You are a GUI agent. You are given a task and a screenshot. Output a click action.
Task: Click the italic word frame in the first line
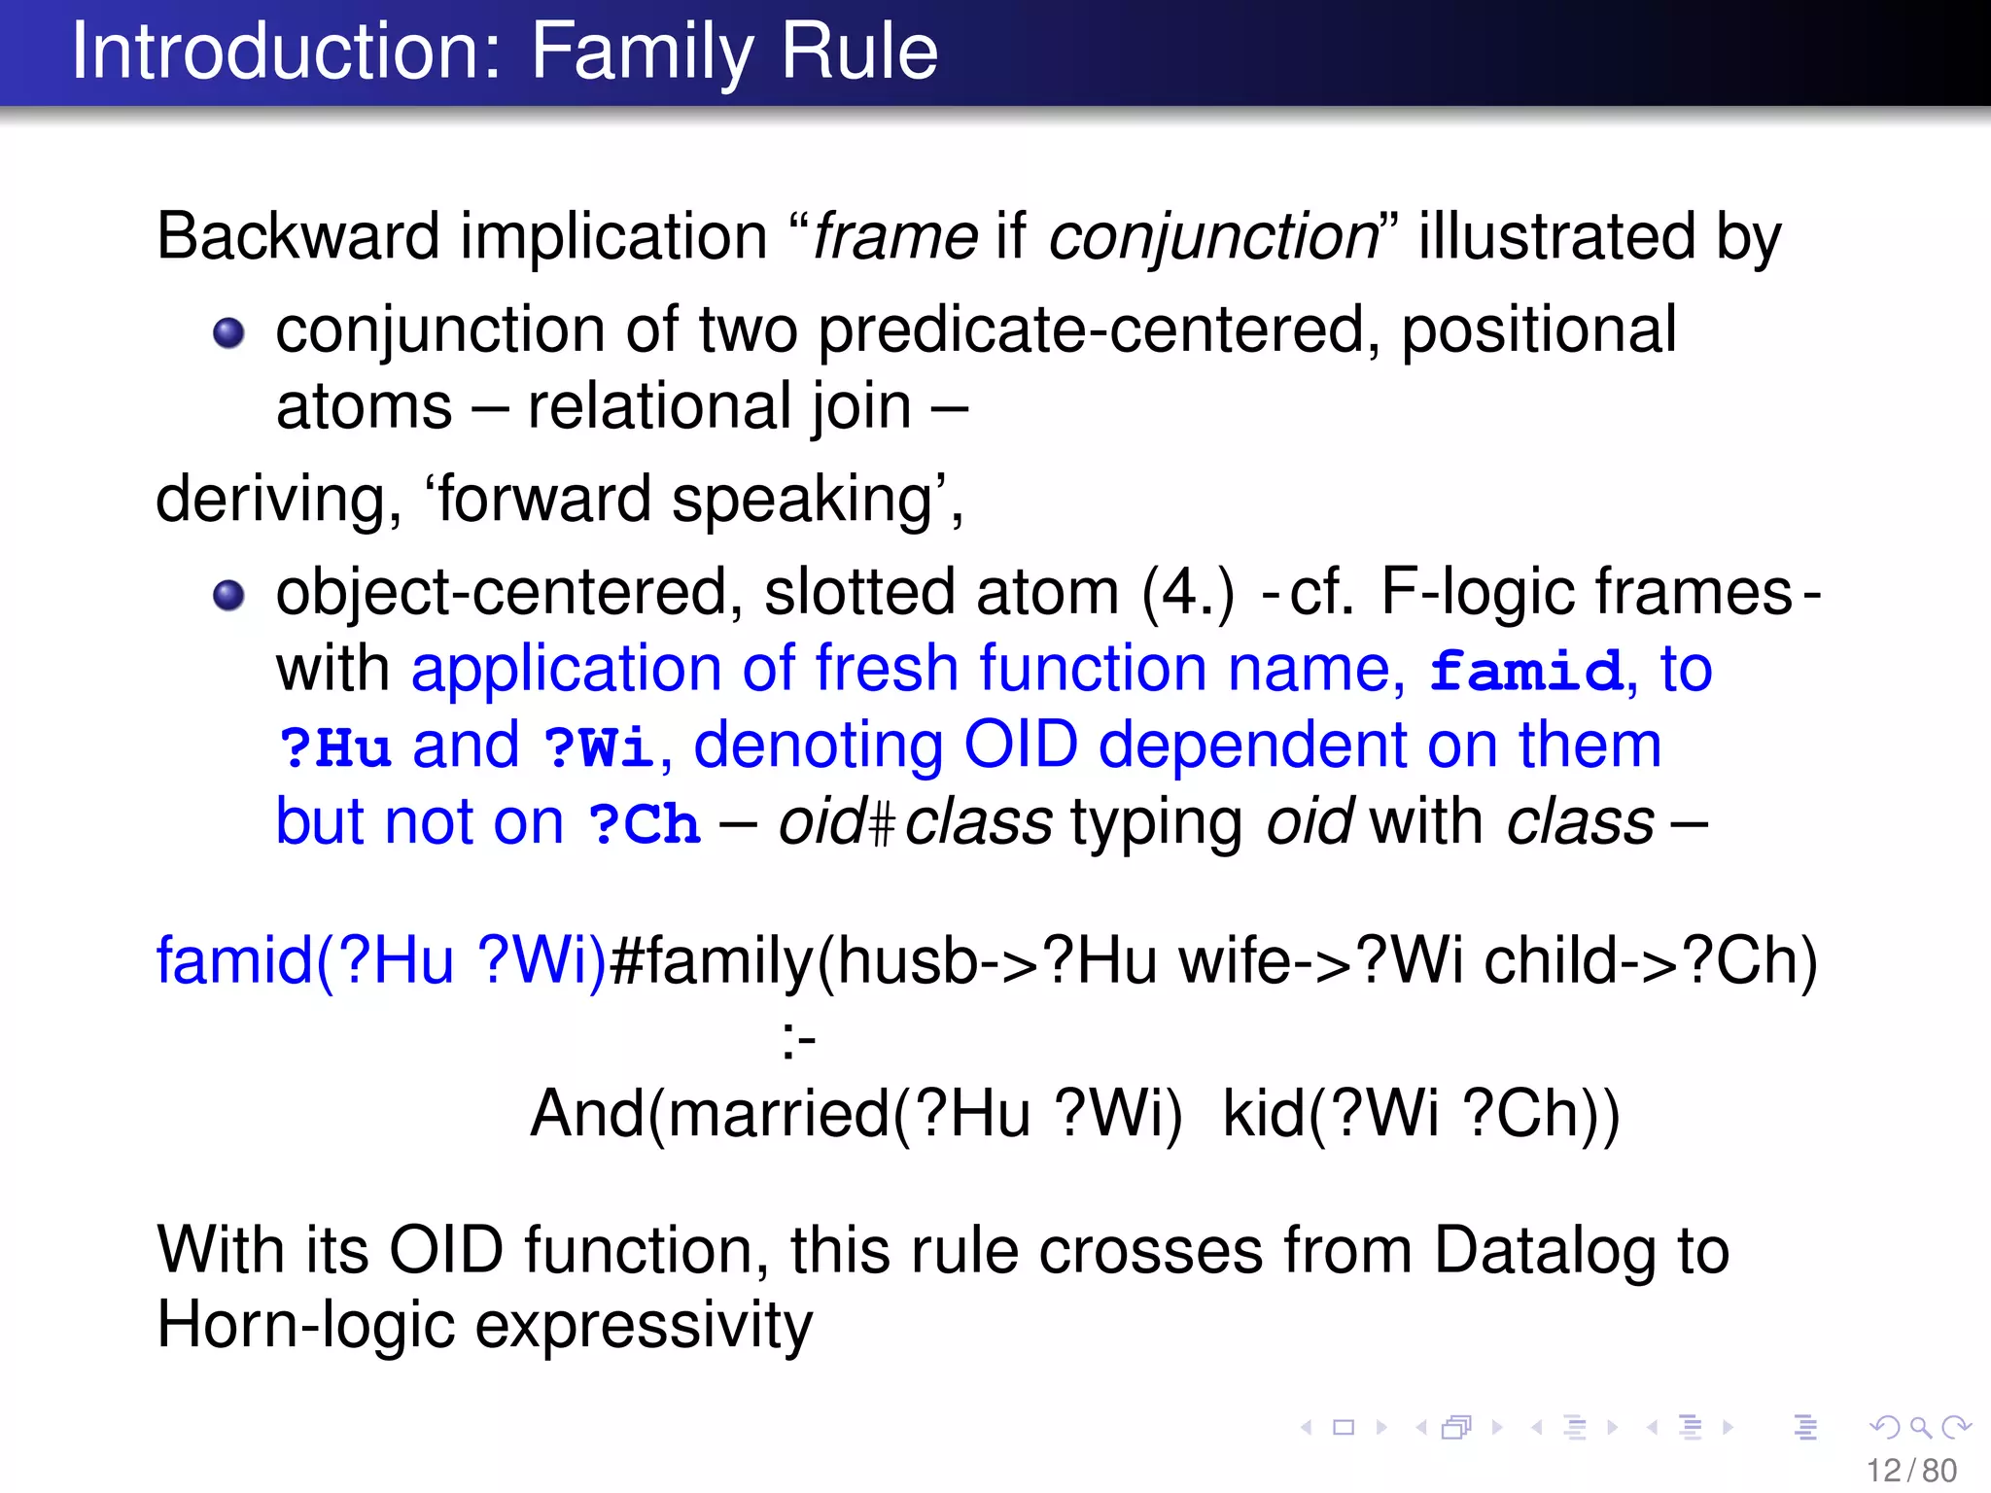894,236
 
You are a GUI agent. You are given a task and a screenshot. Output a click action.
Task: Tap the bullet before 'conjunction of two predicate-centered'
228,333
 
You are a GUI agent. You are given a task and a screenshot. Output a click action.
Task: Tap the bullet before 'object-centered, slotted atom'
228,594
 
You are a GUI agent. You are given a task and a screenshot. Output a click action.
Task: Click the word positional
1538,330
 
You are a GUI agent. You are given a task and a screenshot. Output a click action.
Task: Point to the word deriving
278,500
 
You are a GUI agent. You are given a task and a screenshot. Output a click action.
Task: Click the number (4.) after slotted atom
1187,592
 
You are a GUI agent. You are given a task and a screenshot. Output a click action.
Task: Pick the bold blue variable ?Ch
644,824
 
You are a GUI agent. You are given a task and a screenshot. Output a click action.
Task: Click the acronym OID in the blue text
1020,746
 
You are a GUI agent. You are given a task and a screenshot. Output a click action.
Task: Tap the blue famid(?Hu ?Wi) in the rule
381,961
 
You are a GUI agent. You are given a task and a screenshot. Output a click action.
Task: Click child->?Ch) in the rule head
1650,961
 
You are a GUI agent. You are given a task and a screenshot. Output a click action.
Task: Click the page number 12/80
1911,1471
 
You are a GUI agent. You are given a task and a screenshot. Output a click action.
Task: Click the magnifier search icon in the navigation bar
1920,1427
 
